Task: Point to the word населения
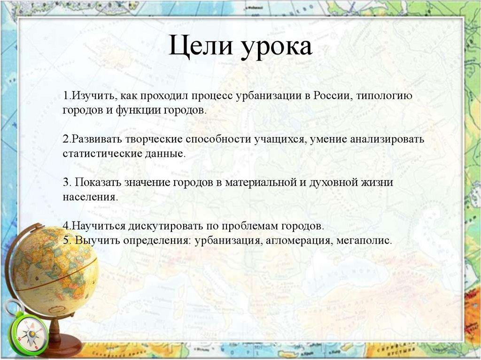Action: pos(89,197)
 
